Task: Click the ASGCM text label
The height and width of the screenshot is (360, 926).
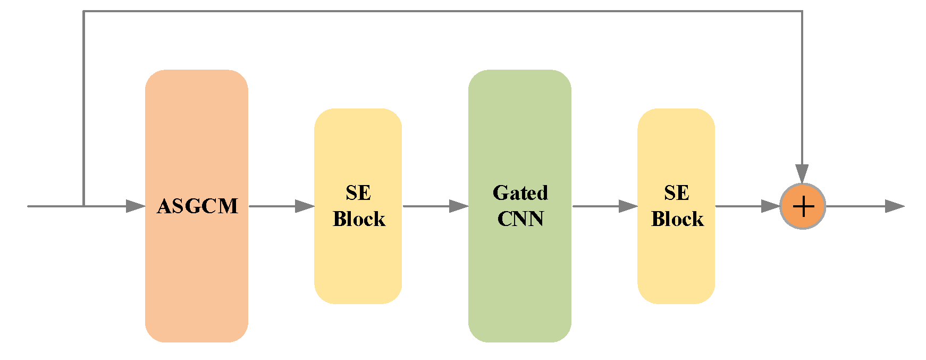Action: click(x=197, y=206)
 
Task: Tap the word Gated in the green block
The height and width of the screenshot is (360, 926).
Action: click(x=520, y=193)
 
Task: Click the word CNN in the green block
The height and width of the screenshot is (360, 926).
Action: click(x=520, y=219)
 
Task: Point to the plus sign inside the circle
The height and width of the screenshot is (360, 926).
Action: click(x=803, y=206)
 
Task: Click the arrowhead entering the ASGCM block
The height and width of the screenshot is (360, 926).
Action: click(x=136, y=206)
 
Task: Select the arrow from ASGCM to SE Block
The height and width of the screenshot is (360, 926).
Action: click(x=282, y=206)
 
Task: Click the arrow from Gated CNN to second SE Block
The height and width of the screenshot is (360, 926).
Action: click(x=604, y=206)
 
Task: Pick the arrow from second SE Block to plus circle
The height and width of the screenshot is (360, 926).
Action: click(x=747, y=206)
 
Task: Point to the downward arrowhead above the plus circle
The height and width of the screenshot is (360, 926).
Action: click(x=802, y=174)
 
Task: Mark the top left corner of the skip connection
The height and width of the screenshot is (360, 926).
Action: click(x=83, y=11)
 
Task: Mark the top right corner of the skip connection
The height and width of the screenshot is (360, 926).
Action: click(x=802, y=11)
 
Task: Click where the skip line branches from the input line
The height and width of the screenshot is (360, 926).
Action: click(x=83, y=206)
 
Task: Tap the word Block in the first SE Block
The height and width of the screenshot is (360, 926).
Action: click(x=359, y=219)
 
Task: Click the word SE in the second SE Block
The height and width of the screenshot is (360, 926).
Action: click(x=676, y=193)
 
